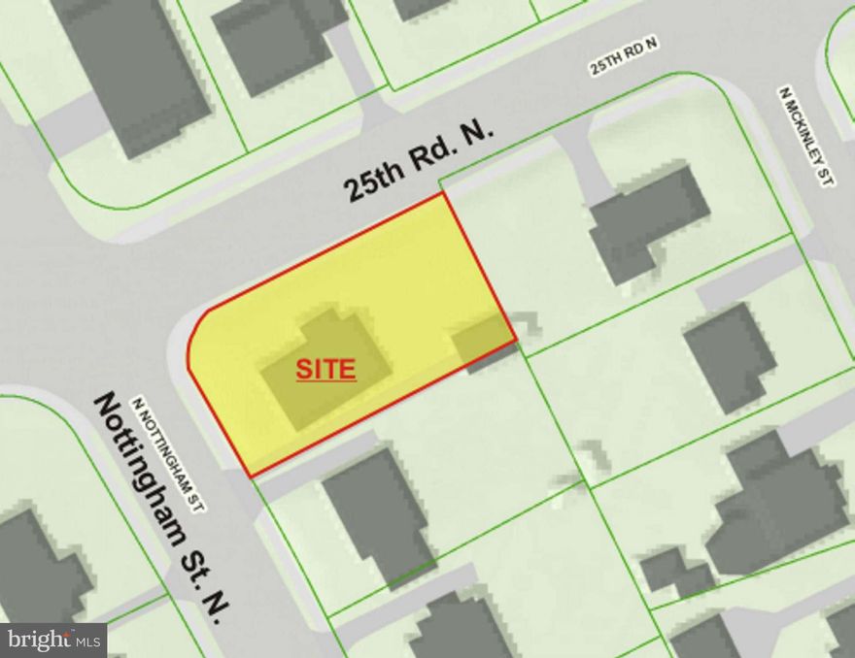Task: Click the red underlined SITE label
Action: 325,370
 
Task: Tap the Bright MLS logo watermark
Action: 53,640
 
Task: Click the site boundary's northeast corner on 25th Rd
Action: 445,193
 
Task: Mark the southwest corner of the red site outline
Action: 252,477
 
